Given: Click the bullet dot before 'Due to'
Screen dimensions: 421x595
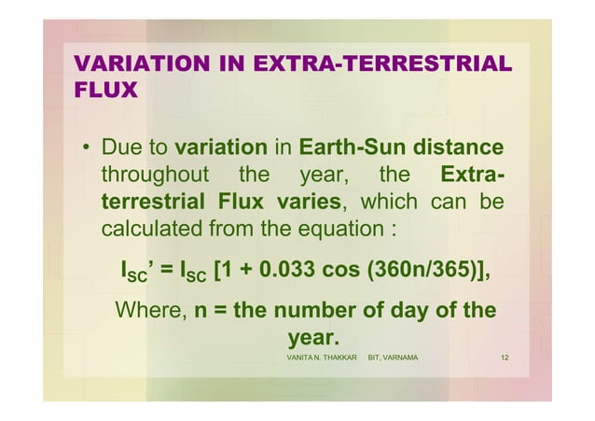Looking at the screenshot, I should click(83, 149).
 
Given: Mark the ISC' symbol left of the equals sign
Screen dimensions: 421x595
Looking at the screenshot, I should click(138, 273).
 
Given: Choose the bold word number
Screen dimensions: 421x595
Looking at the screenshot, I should click(313, 309).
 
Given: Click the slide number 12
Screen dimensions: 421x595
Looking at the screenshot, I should click(504, 358).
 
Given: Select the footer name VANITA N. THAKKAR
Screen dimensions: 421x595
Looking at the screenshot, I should click(322, 358).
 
